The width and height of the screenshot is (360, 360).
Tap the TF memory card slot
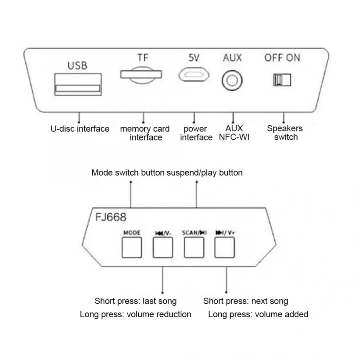point(141,74)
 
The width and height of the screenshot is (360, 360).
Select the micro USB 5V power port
point(193,75)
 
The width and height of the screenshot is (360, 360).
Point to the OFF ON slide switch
point(282,80)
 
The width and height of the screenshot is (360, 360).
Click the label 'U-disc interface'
point(80,129)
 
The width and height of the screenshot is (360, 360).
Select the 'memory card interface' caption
point(145,133)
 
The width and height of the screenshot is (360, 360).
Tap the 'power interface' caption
point(196,133)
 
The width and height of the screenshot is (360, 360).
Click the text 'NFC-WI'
point(234,137)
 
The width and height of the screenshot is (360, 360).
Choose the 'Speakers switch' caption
point(285,133)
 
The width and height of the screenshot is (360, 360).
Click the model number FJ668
point(111,218)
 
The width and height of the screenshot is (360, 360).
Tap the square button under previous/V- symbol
point(163,248)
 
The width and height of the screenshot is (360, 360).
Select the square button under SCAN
point(194,248)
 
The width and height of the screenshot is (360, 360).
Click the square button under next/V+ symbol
point(224,248)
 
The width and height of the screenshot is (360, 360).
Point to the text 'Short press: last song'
point(136,301)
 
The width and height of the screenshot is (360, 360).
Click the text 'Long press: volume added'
point(258,314)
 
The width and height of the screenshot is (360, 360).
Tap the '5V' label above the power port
point(194,58)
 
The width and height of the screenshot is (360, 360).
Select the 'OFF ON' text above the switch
point(282,58)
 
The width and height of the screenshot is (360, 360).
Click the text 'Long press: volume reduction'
point(136,314)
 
